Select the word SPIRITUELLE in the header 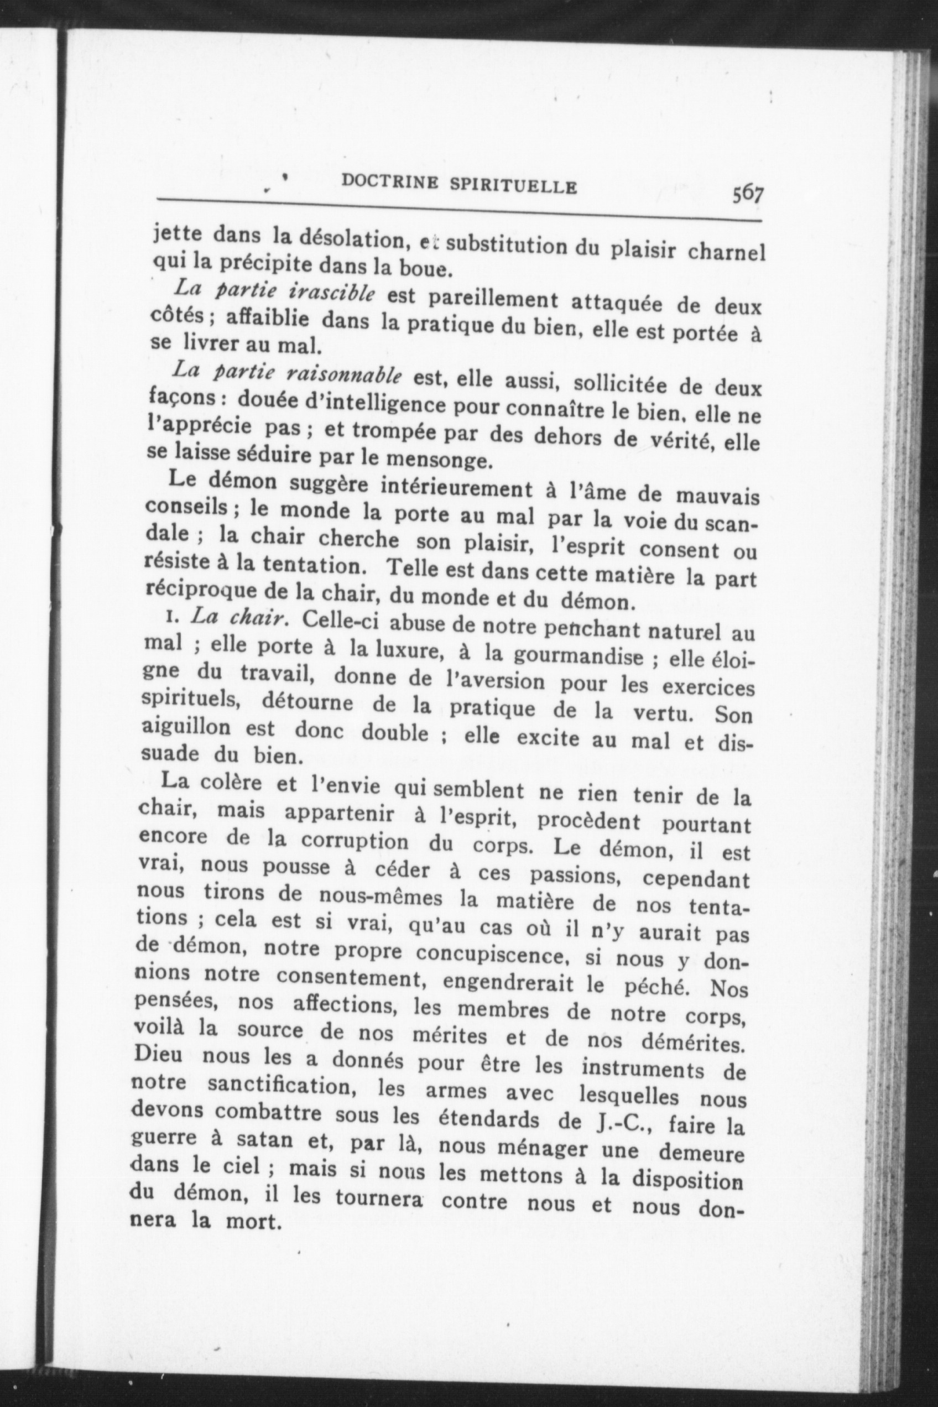pos(514,186)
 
